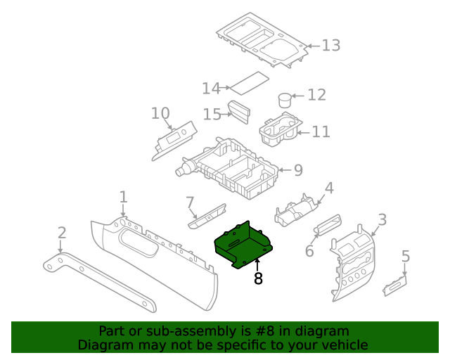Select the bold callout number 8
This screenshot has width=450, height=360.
click(258, 279)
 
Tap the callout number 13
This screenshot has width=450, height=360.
click(330, 46)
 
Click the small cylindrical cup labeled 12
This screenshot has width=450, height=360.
click(285, 100)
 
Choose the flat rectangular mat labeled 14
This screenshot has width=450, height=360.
click(250, 82)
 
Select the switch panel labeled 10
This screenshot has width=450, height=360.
click(175, 140)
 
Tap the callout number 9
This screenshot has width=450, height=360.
click(297, 170)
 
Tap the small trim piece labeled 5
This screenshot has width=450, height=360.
click(395, 283)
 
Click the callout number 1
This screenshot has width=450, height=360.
click(123, 196)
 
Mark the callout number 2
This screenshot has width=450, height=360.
click(62, 233)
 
